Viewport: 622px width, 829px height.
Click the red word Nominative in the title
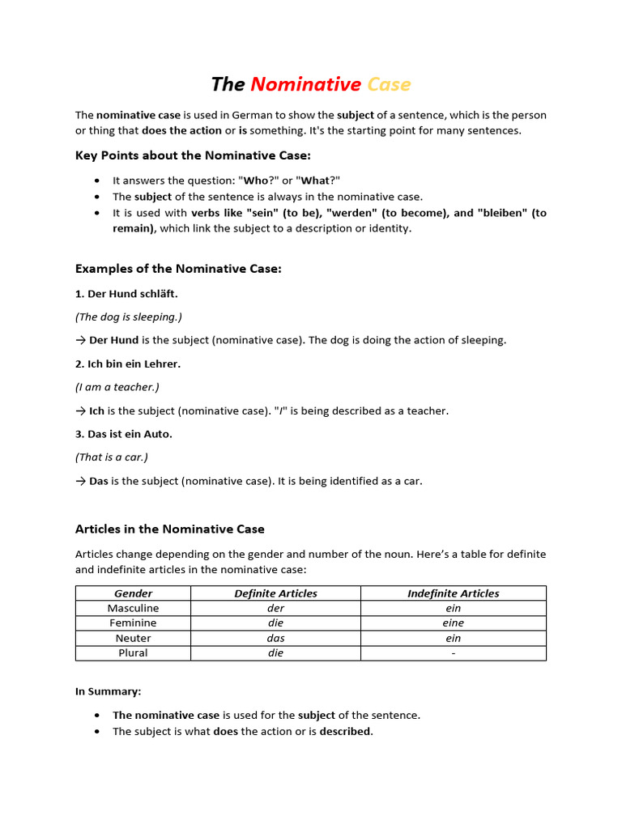click(305, 84)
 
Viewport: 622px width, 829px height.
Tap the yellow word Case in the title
click(389, 84)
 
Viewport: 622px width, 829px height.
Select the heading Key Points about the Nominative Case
click(193, 155)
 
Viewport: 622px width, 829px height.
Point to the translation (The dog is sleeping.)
click(129, 317)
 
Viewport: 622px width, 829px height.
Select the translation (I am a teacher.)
click(117, 387)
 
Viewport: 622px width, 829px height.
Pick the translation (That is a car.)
click(112, 457)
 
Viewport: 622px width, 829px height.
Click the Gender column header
click(133, 593)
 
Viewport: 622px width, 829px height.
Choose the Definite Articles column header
click(275, 593)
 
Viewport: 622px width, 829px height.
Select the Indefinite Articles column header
click(453, 593)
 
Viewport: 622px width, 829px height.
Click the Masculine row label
click(133, 608)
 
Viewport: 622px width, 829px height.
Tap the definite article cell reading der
click(275, 608)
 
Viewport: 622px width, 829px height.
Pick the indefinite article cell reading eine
click(453, 623)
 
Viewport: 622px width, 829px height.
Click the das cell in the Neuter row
click(275, 638)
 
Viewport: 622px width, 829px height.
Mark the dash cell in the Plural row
click(453, 653)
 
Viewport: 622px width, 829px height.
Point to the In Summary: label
click(108, 691)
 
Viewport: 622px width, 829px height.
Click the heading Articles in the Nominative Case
click(170, 529)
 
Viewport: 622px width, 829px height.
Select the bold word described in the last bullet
click(346, 731)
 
